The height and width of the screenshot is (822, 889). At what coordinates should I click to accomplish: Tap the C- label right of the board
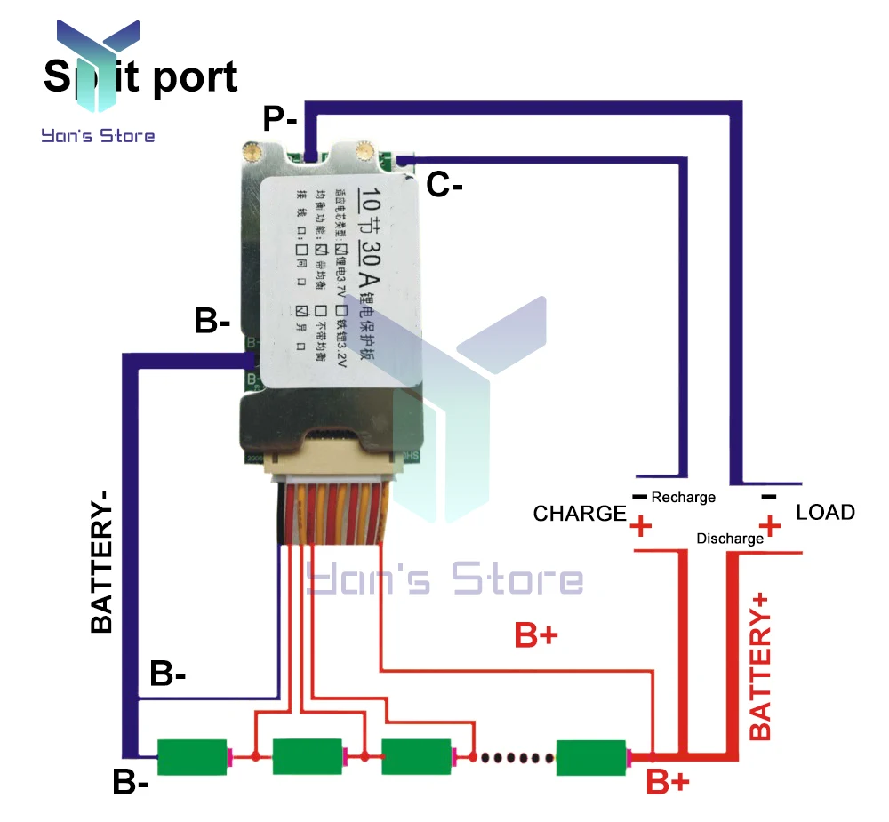click(444, 185)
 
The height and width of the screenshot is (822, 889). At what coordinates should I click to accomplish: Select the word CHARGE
click(580, 513)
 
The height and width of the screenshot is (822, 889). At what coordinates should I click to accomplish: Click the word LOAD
click(825, 512)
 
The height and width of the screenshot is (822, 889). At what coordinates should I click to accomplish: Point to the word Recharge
click(683, 497)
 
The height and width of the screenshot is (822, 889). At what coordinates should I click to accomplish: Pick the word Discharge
click(730, 538)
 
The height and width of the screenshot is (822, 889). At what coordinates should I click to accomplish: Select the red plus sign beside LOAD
click(770, 526)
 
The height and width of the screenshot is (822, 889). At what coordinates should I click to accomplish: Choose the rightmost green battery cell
click(591, 757)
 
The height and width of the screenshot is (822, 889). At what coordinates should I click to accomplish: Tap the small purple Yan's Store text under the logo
click(98, 136)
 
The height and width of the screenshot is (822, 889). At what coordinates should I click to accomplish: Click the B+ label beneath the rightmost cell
click(667, 783)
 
